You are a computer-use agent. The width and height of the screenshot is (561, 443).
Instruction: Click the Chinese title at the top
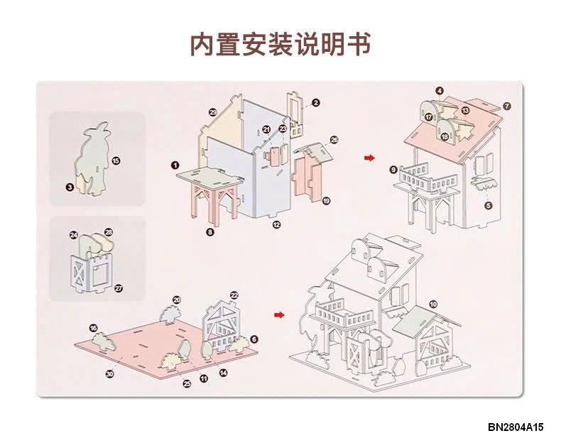tap(280, 44)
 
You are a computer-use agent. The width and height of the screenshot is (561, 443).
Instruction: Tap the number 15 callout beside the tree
tap(116, 161)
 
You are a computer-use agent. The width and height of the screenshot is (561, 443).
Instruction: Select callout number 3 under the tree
tap(70, 187)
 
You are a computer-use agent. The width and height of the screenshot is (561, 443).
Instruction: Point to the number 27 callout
tap(119, 288)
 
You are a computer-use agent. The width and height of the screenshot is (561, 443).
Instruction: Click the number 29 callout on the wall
tap(212, 112)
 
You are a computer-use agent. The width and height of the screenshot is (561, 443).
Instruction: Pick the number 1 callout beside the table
tap(174, 164)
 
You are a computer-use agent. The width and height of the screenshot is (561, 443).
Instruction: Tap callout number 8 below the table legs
tap(210, 231)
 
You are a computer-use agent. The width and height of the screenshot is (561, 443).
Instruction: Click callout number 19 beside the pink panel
tap(326, 201)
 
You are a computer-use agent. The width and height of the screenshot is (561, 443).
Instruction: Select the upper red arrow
tap(369, 157)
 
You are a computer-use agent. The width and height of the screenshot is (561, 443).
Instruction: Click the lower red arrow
tap(279, 314)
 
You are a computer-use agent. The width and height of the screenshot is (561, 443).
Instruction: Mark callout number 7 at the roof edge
tap(506, 106)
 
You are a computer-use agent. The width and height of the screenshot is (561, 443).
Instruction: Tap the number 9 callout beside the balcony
tap(393, 170)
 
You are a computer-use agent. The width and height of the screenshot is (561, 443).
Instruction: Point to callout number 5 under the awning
tap(488, 205)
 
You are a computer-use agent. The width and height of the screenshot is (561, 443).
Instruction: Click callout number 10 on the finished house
tap(433, 304)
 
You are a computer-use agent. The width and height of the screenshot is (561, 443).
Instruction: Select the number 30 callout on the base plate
tap(109, 373)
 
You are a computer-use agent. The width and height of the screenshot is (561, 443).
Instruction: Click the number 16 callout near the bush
tap(93, 328)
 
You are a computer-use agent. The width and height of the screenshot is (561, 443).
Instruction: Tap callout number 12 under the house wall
tap(276, 224)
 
